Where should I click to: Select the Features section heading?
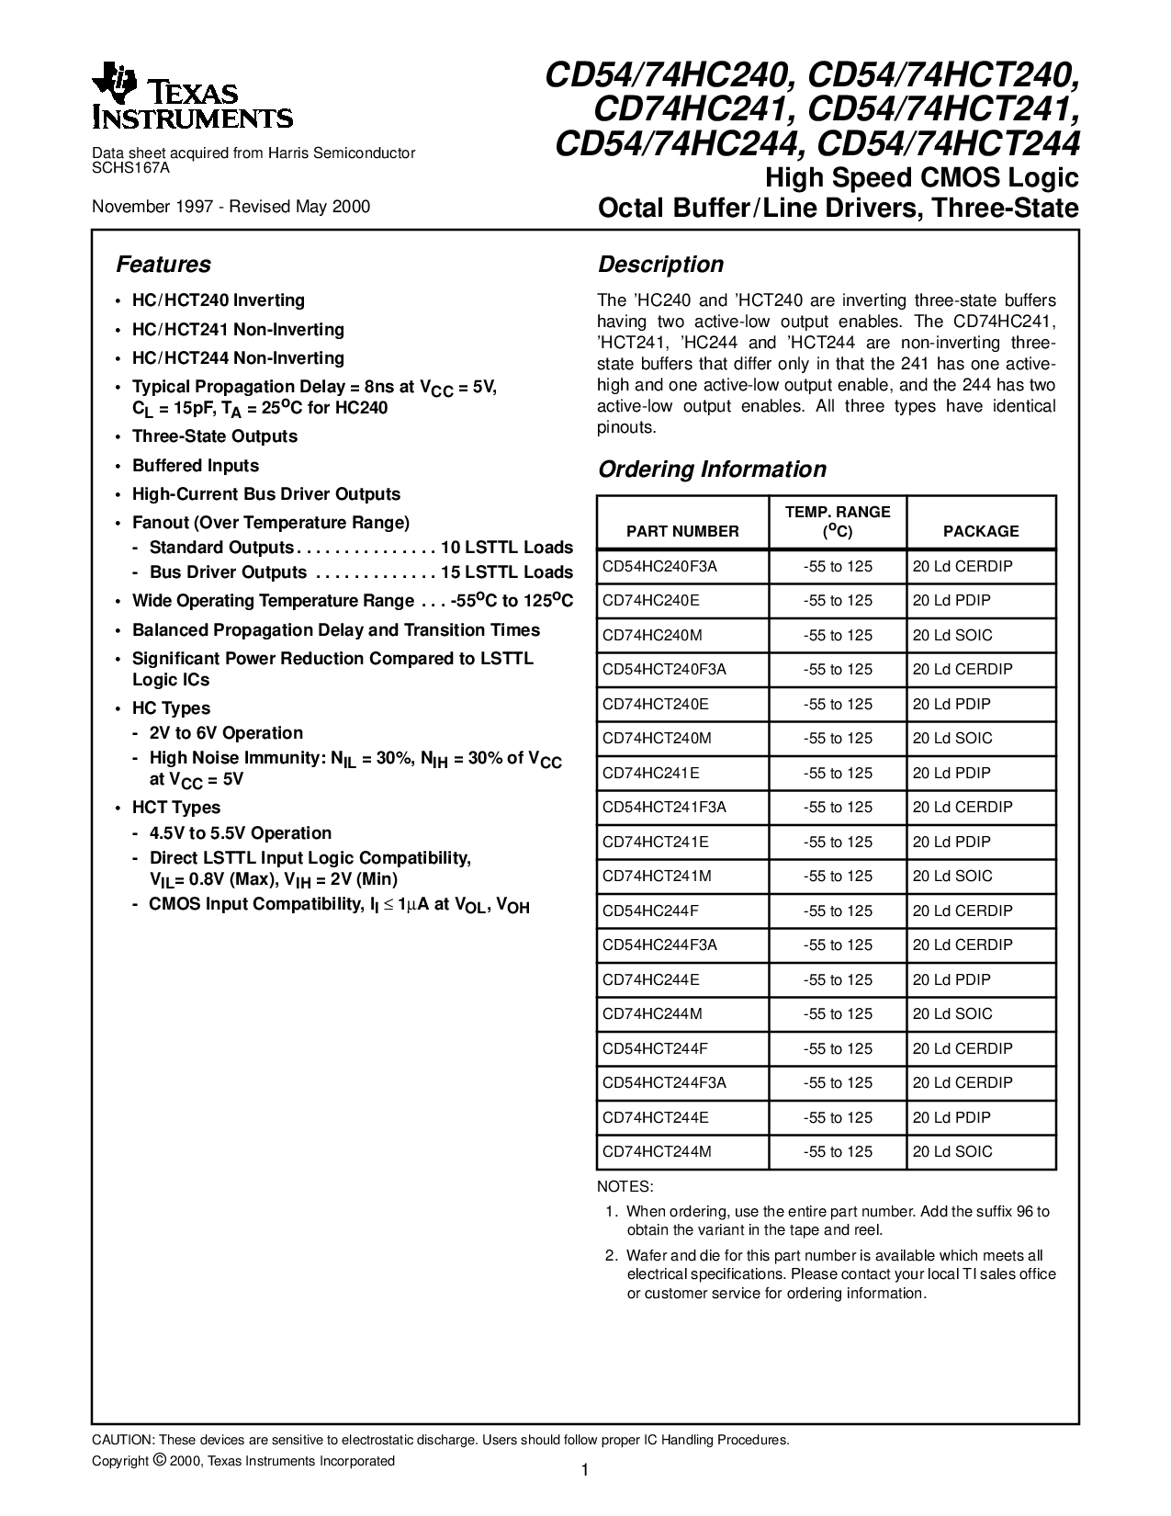pos(163,265)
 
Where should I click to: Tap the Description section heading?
pos(660,265)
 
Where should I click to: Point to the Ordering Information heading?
pos(712,470)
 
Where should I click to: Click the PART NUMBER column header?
pos(682,531)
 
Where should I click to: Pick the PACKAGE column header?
pos(981,531)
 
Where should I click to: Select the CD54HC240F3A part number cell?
pos(659,566)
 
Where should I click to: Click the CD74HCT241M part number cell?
pos(657,876)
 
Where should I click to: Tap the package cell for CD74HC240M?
pos(952,635)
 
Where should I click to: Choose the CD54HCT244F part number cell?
pos(655,1048)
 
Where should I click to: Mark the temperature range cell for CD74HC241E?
pos(838,773)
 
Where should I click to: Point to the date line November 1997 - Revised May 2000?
pos(231,206)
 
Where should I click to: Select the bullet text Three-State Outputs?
pos(215,436)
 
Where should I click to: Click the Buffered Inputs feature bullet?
pos(196,466)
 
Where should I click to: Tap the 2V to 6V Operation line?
pos(225,733)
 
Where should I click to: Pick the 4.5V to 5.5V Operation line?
pos(240,833)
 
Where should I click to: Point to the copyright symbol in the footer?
pos(160,1460)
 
